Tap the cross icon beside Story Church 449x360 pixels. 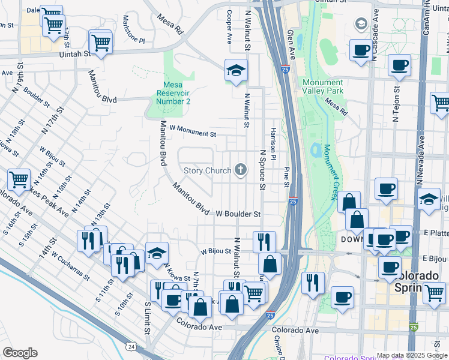pyautogui.click(x=241, y=170)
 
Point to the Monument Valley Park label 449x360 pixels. pyautogui.click(x=323, y=86)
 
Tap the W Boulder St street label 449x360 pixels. pyautogui.click(x=238, y=214)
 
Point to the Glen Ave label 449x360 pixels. pyautogui.click(x=292, y=45)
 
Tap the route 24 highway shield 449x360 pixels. pyautogui.click(x=131, y=346)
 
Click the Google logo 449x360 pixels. pyautogui.click(x=20, y=353)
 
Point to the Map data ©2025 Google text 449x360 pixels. pyautogui.click(x=412, y=355)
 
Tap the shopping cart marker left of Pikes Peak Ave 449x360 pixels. pyautogui.click(x=19, y=179)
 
